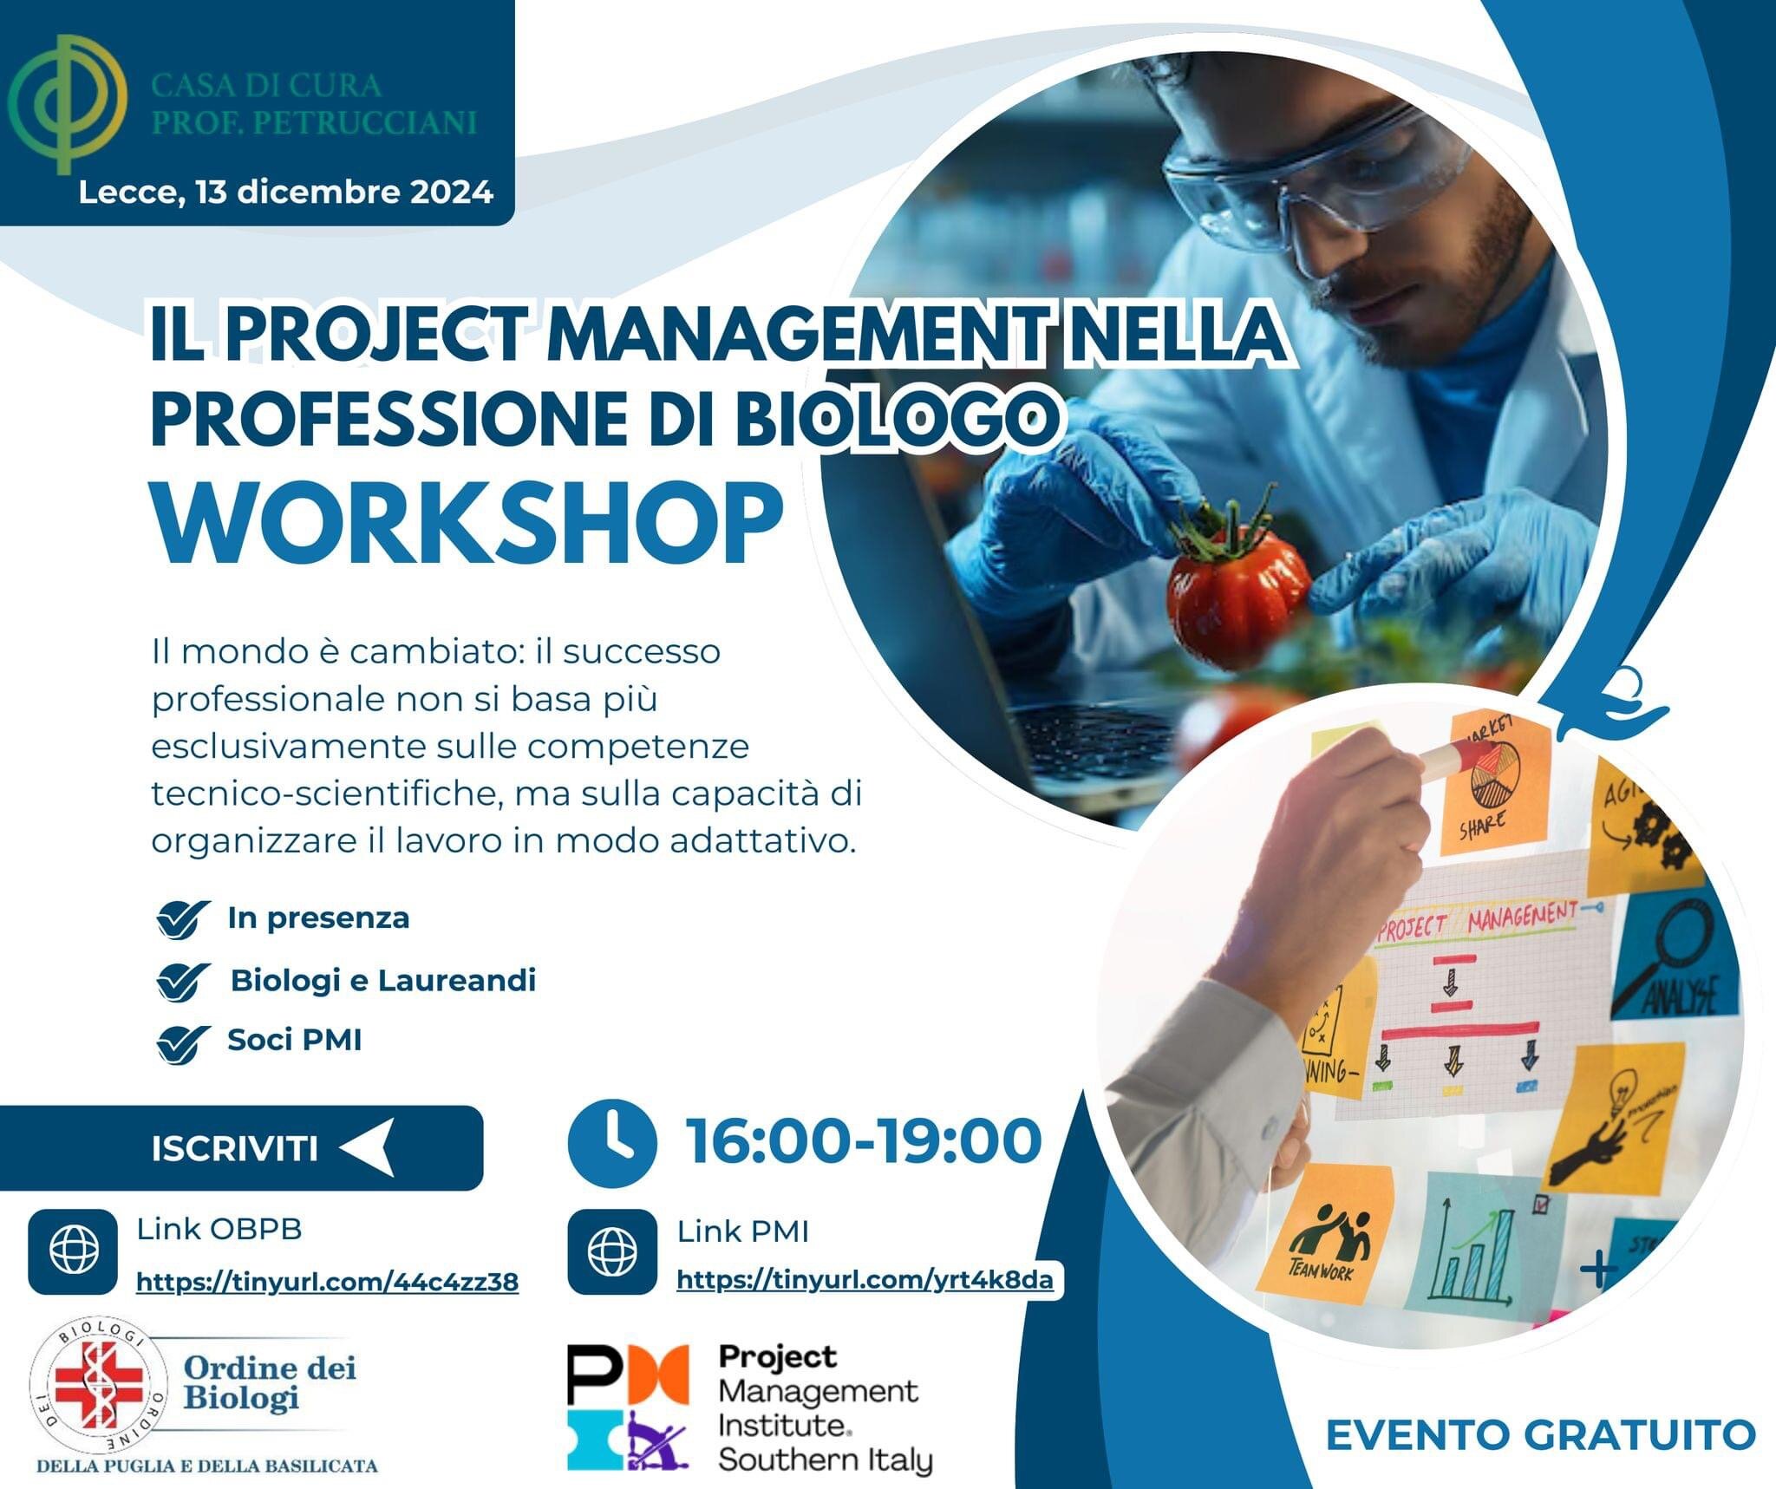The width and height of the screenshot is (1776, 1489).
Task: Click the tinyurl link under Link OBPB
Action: pos(327,1281)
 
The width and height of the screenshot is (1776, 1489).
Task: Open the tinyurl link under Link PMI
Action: pos(865,1279)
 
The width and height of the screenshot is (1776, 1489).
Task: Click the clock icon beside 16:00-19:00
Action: pos(612,1142)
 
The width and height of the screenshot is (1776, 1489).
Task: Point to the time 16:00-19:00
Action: pos(864,1141)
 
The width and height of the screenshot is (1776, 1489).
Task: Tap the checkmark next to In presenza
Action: pos(183,918)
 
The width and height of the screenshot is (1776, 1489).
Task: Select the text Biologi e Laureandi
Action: pos(382,981)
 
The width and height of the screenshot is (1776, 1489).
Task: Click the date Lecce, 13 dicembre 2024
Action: pos(286,192)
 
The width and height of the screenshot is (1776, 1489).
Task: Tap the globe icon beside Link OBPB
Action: pos(74,1251)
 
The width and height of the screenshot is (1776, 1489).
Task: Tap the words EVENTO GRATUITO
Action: pos(1540,1434)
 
